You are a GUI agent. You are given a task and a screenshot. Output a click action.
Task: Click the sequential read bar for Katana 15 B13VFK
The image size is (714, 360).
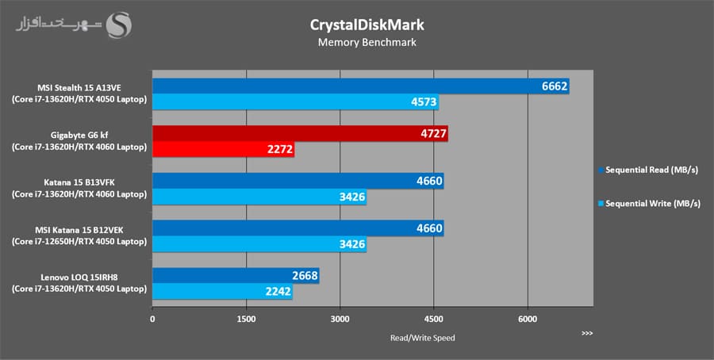tap(297, 181)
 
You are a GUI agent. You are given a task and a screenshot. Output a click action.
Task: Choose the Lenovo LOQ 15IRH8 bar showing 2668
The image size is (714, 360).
tap(236, 275)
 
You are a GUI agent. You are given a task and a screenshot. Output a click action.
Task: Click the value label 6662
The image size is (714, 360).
tap(555, 86)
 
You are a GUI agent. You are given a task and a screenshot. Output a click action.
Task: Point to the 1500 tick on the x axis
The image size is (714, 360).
tap(246, 319)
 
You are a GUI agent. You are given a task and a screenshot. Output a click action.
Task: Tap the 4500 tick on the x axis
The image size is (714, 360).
tap(433, 319)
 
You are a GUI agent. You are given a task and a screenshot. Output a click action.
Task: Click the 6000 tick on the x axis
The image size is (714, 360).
tap(527, 319)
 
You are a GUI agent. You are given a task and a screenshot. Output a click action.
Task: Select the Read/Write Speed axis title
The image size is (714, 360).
tap(422, 338)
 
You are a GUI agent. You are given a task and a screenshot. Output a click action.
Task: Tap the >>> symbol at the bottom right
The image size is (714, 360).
tap(586, 333)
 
